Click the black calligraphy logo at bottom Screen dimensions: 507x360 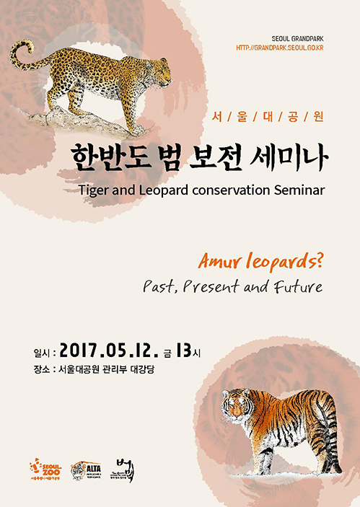click(123, 468)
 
